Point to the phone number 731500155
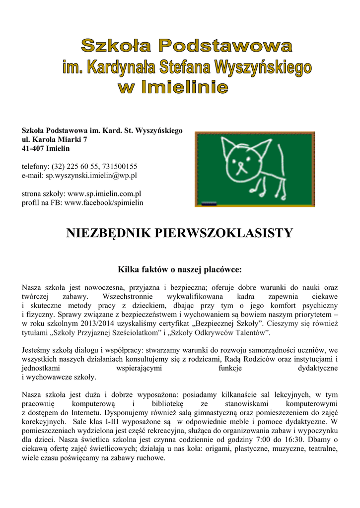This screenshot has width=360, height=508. coord(120,166)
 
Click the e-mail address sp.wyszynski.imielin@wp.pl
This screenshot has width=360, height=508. coord(91,175)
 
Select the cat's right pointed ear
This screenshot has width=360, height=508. coord(258,147)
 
